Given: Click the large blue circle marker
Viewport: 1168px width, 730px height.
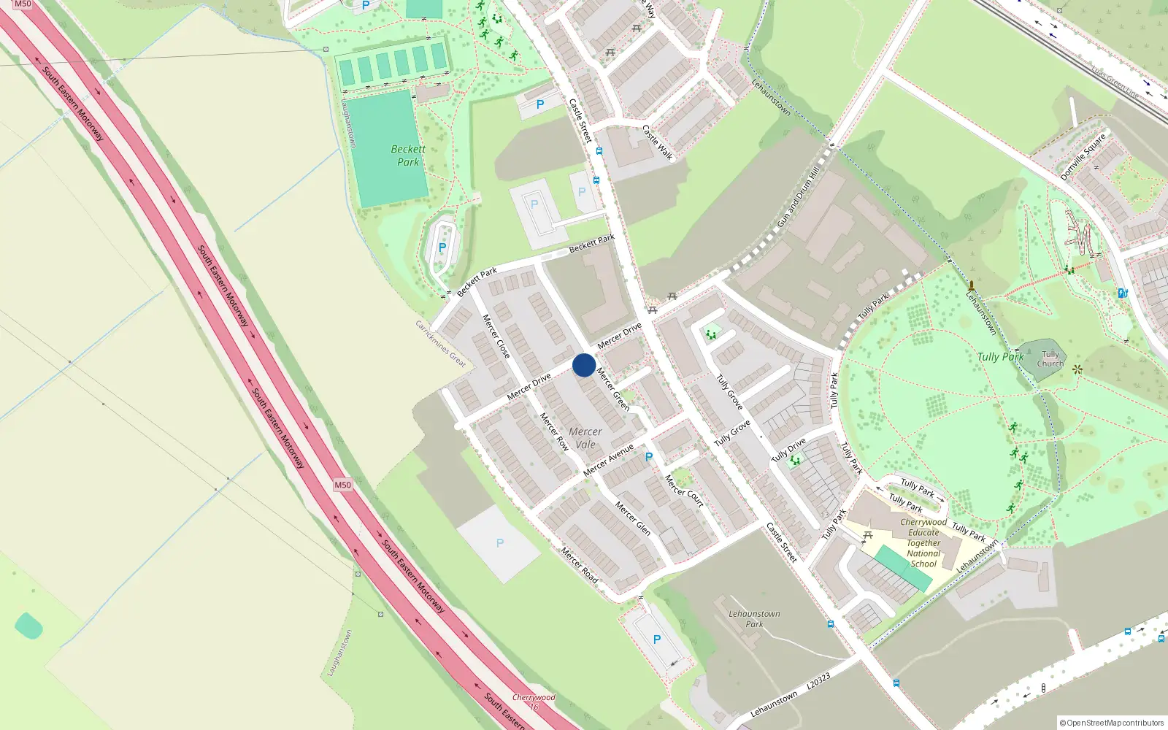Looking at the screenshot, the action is click(584, 365).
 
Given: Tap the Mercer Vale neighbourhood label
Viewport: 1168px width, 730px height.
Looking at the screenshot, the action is click(585, 438).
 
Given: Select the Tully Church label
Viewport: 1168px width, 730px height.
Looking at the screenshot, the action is click(1050, 359).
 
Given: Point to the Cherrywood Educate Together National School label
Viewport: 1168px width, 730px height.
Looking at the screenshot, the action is click(923, 543).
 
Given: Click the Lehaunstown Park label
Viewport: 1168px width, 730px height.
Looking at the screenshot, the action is click(754, 619).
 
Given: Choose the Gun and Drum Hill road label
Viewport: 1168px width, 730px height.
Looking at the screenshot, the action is click(799, 197).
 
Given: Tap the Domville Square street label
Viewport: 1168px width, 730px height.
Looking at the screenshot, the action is click(1083, 157).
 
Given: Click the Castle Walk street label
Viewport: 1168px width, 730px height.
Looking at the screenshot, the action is click(658, 142).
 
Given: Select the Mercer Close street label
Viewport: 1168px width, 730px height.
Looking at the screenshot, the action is click(496, 337).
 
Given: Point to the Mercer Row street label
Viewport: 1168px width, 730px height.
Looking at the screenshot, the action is click(554, 431).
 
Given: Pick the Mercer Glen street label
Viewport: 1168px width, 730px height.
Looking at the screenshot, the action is click(632, 518).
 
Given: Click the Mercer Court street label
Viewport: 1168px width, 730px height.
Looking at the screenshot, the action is click(684, 491).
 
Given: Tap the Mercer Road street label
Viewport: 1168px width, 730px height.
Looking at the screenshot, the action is click(580, 565).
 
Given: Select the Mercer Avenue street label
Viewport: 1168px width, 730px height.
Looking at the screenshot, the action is click(609, 460).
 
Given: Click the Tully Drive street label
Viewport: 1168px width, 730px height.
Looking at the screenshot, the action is click(788, 450).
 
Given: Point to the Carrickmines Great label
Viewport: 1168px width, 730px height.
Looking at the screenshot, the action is click(441, 343).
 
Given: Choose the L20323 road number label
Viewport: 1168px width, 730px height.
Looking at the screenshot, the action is click(818, 683).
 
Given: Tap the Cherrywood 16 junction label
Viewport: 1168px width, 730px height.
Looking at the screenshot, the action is click(534, 702).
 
